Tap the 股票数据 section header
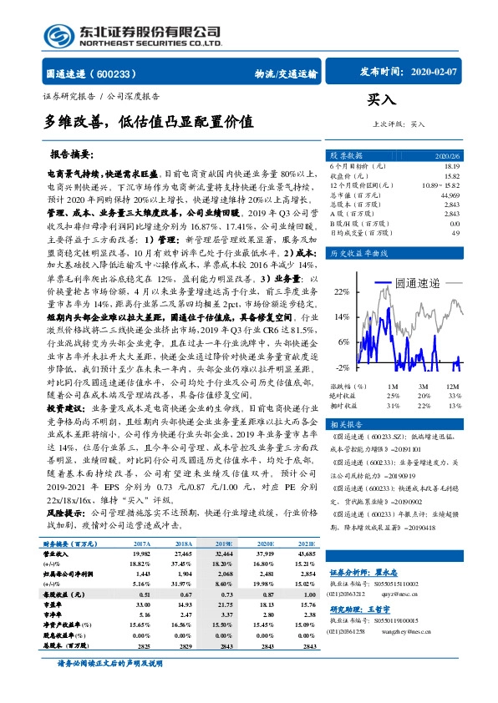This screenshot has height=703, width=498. pyautogui.click(x=347, y=156)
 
